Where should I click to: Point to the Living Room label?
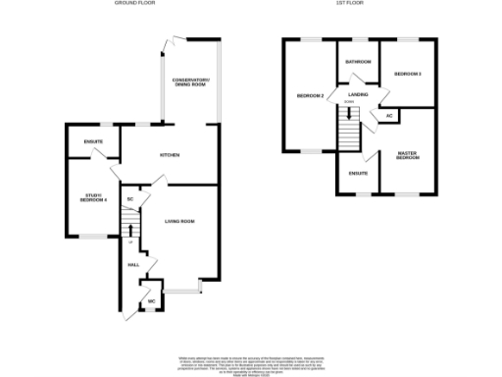pyautogui.click(x=179, y=222)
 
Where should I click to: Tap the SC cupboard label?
pyautogui.click(x=129, y=200)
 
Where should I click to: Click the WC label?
pyautogui.click(x=151, y=300)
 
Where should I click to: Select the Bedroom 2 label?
pyautogui.click(x=310, y=95)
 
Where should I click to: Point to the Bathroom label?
pyautogui.click(x=358, y=62)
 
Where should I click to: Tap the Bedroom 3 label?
pyautogui.click(x=408, y=74)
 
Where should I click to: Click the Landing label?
pyautogui.click(x=357, y=94)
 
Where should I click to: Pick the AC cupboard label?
pyautogui.click(x=389, y=116)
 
